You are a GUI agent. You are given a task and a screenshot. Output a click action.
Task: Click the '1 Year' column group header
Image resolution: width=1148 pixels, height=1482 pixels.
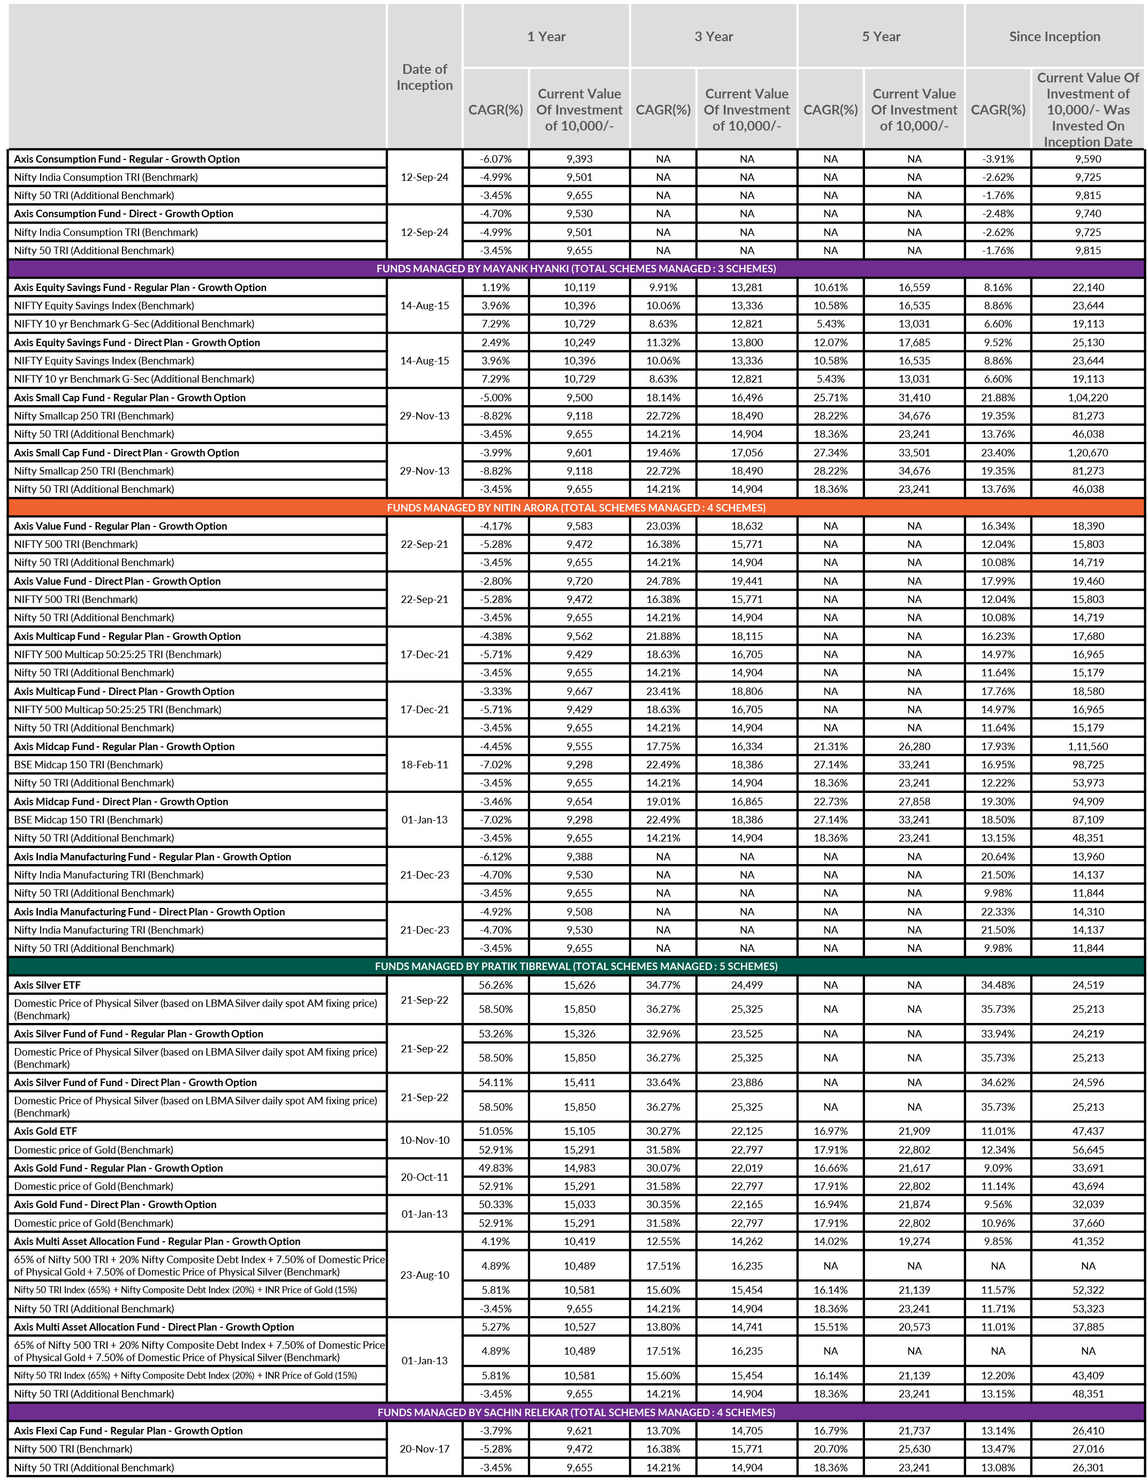tap(546, 36)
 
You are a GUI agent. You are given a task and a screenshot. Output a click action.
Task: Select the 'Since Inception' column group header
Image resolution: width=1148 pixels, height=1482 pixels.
tap(1054, 36)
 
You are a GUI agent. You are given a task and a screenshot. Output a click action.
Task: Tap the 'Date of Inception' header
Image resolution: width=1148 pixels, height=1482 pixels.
tap(424, 77)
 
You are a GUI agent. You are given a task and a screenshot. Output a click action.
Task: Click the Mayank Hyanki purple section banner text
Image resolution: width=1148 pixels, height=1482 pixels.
tap(576, 269)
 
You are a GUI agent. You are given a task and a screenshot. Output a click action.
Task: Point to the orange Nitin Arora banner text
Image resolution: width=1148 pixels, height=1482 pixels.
tap(576, 508)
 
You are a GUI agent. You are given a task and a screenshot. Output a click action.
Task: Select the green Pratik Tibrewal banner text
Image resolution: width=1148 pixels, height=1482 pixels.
tap(576, 966)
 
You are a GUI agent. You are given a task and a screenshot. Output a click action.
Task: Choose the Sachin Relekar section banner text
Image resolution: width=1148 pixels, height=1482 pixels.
tap(576, 1412)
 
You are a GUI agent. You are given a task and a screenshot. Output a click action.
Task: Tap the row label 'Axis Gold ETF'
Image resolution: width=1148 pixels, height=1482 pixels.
tap(45, 1131)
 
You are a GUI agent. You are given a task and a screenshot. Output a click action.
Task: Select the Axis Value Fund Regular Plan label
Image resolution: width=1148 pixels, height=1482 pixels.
tap(120, 526)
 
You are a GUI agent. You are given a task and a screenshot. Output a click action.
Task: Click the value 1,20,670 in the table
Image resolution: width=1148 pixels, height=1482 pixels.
tap(1088, 453)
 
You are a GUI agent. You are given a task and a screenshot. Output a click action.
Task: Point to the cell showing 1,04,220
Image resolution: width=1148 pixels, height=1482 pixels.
tap(1088, 398)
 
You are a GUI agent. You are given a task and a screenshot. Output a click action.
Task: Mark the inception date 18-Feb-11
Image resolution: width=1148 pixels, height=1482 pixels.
tap(424, 765)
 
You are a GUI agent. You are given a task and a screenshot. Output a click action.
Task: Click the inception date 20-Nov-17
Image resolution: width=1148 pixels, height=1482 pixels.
tap(424, 1449)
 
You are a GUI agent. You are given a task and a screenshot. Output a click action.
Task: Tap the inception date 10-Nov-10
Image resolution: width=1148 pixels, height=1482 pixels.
tap(424, 1140)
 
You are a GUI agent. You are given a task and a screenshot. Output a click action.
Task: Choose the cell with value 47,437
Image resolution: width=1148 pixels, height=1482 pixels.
tap(1088, 1131)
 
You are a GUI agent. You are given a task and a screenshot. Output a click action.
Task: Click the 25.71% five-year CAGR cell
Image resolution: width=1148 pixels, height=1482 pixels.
tap(830, 398)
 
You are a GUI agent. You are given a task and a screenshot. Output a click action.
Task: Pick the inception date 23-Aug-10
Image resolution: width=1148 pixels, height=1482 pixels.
tap(424, 1275)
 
